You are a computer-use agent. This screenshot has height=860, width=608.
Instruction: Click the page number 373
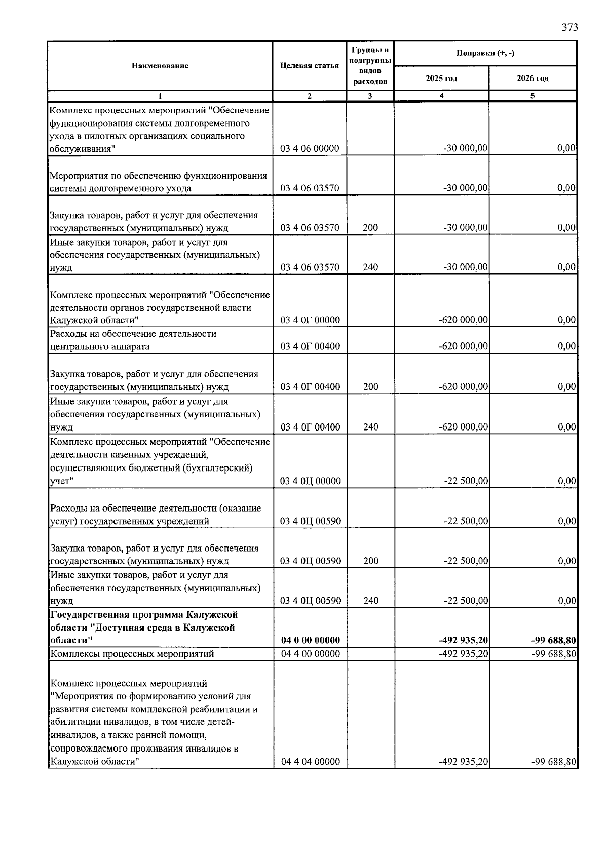[x=569, y=27]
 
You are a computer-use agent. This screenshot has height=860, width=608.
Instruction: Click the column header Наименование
[x=160, y=66]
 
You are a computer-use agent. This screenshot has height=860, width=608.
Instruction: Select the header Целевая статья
[x=309, y=66]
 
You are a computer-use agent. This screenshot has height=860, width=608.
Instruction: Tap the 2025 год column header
[x=441, y=79]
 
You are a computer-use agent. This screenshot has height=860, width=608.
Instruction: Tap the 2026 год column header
[x=533, y=79]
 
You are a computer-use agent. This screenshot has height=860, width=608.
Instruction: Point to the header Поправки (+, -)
[x=485, y=53]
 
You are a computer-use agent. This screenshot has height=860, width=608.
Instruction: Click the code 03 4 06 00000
[x=310, y=148]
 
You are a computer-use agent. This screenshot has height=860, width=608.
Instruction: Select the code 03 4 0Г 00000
[x=310, y=320]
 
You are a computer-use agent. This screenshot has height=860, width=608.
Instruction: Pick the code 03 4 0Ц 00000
[x=310, y=481]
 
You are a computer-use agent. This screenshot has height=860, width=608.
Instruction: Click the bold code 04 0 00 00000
[x=310, y=640]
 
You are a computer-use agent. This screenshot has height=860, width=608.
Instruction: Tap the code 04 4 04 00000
[x=310, y=762]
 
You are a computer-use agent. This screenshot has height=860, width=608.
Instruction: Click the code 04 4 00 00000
[x=310, y=654]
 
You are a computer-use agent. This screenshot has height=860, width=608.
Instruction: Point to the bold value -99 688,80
[x=553, y=640]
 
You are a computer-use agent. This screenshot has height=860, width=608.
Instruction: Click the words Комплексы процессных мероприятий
[x=132, y=654]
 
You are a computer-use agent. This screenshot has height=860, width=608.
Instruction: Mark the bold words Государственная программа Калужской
[x=144, y=614]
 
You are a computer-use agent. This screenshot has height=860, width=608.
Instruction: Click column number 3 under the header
[x=370, y=96]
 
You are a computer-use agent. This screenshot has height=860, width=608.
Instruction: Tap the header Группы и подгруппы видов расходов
[x=370, y=66]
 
